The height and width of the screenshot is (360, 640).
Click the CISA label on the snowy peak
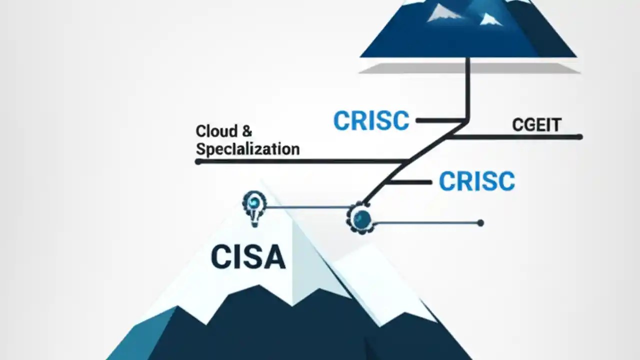(248, 257)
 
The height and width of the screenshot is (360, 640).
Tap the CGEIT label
(536, 124)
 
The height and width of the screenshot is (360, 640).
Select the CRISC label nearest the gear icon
(476, 181)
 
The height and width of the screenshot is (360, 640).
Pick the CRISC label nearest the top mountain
(371, 121)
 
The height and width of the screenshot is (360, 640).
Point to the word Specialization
(247, 148)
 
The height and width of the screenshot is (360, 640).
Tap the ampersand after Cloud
(247, 131)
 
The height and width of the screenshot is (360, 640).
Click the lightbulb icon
(254, 206)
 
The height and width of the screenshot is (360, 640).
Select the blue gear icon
(361, 218)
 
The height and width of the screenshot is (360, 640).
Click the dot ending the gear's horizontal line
(480, 223)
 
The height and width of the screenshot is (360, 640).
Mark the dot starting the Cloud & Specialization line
(198, 161)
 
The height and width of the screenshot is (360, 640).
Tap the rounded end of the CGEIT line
(580, 136)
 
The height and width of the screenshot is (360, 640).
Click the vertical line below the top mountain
(468, 90)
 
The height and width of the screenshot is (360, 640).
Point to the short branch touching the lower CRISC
(410, 182)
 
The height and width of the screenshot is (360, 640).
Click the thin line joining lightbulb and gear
(307, 207)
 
